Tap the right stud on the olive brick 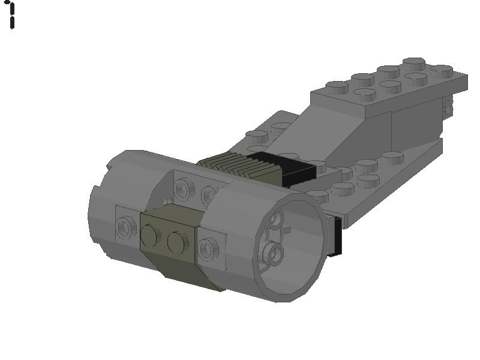coord(178,242)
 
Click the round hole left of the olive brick coord(125,227)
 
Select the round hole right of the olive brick coord(208,248)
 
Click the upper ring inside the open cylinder coord(275,218)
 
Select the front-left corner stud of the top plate coord(337,88)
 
